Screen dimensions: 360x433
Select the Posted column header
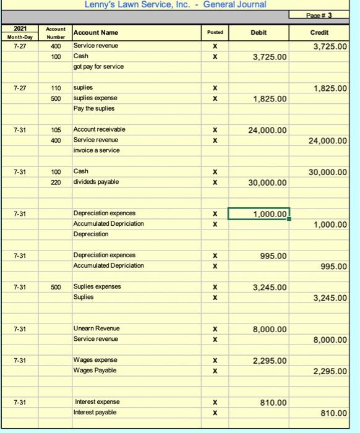[215, 32]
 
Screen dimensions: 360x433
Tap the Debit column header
[259, 32]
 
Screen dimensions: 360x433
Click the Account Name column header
[95, 32]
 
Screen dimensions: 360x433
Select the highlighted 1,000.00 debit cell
[259, 214]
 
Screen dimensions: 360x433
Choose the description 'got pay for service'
[98, 67]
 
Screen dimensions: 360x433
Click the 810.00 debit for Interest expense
[273, 403]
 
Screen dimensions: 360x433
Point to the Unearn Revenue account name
[96, 328]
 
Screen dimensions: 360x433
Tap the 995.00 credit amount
[334, 267]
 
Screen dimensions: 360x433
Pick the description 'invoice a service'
[96, 150]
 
